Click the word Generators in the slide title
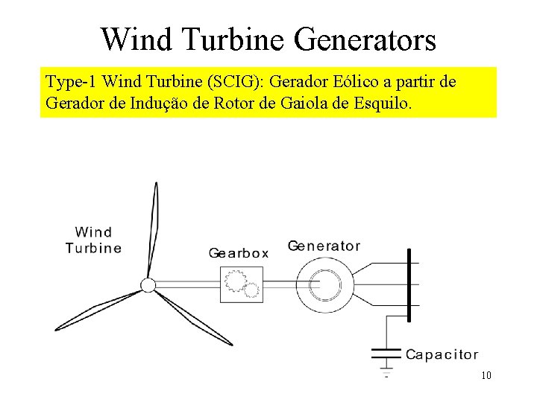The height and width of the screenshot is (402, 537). (365, 39)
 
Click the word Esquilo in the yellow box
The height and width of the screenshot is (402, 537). (382, 103)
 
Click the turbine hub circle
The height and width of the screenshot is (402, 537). (148, 285)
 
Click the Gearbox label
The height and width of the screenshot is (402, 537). (239, 253)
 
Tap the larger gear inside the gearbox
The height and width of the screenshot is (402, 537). (236, 281)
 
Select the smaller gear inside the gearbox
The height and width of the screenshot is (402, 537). (252, 290)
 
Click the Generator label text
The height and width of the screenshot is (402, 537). (324, 246)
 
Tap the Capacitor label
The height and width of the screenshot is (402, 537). (442, 355)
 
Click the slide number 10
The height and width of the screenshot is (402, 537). (486, 375)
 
